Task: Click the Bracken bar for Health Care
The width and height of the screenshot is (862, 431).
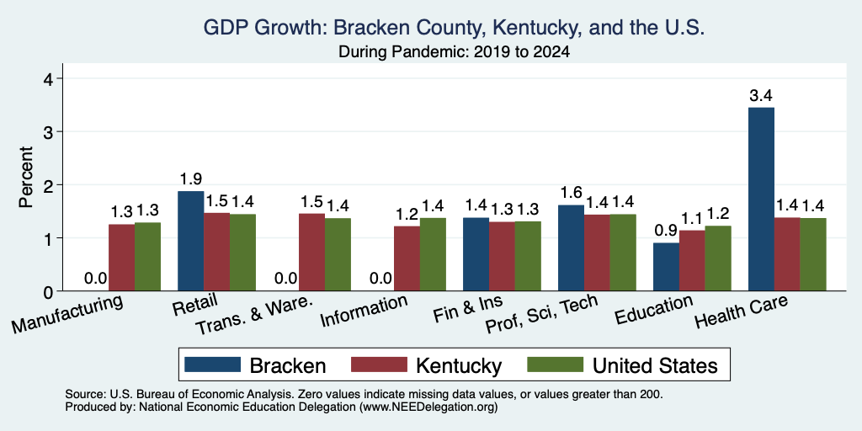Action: click(x=761, y=199)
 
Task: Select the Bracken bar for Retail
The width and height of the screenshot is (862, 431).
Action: click(x=190, y=241)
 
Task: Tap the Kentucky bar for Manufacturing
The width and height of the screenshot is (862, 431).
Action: click(x=121, y=258)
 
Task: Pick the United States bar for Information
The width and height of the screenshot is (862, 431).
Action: click(x=434, y=254)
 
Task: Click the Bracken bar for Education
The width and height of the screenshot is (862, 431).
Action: click(x=666, y=267)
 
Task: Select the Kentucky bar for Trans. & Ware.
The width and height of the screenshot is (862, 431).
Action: click(x=311, y=252)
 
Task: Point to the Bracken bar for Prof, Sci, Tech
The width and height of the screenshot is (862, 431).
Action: click(x=571, y=248)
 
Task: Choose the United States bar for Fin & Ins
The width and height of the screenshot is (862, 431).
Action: click(x=529, y=256)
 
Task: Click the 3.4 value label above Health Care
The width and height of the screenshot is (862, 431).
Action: click(x=761, y=96)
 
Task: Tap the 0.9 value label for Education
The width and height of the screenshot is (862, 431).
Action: click(x=666, y=231)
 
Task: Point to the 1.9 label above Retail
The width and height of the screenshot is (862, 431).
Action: click(x=190, y=179)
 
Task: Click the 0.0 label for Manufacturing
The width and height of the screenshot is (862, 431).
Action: click(x=96, y=279)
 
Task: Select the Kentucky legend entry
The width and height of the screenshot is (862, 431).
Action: click(x=426, y=365)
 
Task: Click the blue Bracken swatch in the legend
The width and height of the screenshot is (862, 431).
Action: click(x=213, y=364)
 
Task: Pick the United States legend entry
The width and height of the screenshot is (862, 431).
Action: click(x=622, y=365)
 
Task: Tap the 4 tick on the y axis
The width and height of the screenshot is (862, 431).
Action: click(x=49, y=78)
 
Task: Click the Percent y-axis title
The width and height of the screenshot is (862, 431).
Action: click(x=26, y=177)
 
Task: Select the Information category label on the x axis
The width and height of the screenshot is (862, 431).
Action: click(x=364, y=310)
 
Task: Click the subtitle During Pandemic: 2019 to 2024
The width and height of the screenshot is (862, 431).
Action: click(x=454, y=52)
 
